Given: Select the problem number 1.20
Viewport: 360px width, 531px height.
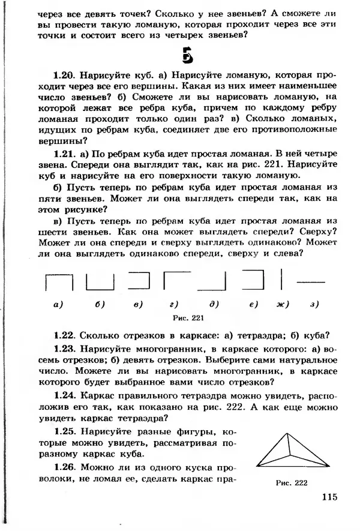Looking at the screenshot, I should (x=63, y=76).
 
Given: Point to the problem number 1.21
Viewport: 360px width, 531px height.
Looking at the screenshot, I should (x=64, y=154).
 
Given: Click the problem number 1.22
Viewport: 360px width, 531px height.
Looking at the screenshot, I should (x=64, y=335).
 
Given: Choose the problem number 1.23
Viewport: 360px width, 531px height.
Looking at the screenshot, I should (x=64, y=350).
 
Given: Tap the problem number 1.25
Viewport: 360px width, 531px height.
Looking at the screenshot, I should (x=64, y=432).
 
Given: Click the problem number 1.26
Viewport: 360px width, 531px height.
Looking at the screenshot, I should (x=64, y=467).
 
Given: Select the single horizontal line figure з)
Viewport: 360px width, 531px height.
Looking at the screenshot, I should (x=311, y=281).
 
